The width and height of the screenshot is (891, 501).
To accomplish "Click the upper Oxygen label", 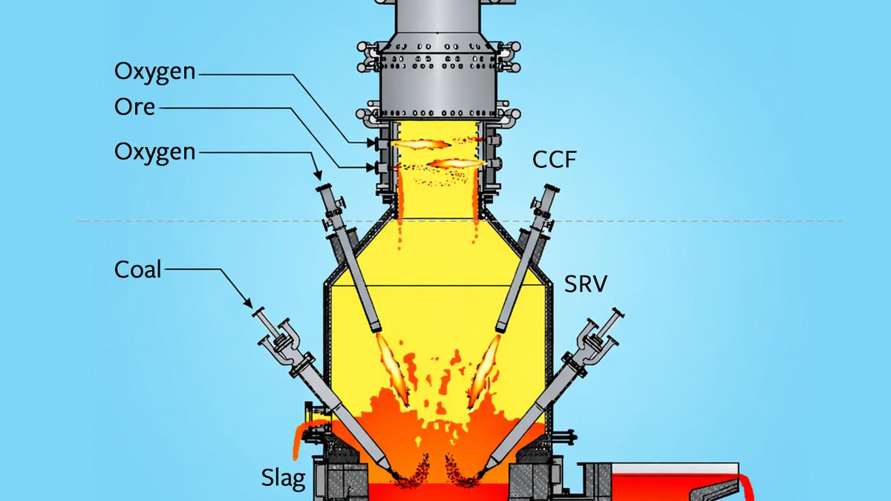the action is click(x=154, y=73).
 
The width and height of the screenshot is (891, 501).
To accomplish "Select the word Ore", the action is click(x=134, y=107).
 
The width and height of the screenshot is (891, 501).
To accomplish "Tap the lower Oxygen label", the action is click(x=154, y=153).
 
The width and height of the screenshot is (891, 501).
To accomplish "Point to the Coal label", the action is click(x=137, y=269).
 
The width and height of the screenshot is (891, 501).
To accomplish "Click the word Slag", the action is click(x=283, y=477).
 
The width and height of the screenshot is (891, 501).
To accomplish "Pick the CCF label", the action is click(x=554, y=160).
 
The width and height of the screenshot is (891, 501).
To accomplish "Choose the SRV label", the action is click(x=586, y=284).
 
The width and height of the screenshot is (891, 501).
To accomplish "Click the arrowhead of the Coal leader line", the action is click(x=248, y=303).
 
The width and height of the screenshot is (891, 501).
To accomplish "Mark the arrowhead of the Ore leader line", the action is click(x=371, y=168).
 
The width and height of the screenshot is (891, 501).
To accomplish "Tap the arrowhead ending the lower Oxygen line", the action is click(x=318, y=174).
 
